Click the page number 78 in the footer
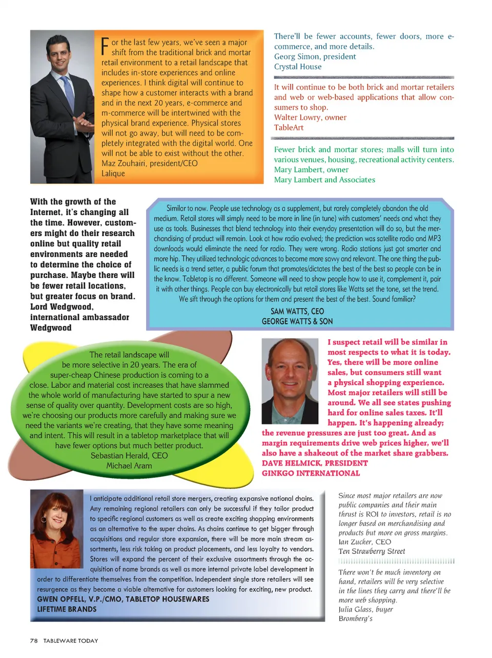pos(34,641)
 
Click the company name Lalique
pos(113,174)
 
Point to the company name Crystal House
pos(298,67)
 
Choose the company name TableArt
pos(289,128)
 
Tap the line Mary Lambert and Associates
pos(324,180)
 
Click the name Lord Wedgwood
pos(61,307)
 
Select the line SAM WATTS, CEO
pos(297,311)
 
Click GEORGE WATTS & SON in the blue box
pos(297,321)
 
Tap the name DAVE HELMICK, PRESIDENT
pos(315,463)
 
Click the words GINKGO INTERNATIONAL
pos(311,474)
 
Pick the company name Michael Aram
pos(129,466)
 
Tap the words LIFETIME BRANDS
pos(67,609)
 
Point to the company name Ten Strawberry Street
pos(372,551)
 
